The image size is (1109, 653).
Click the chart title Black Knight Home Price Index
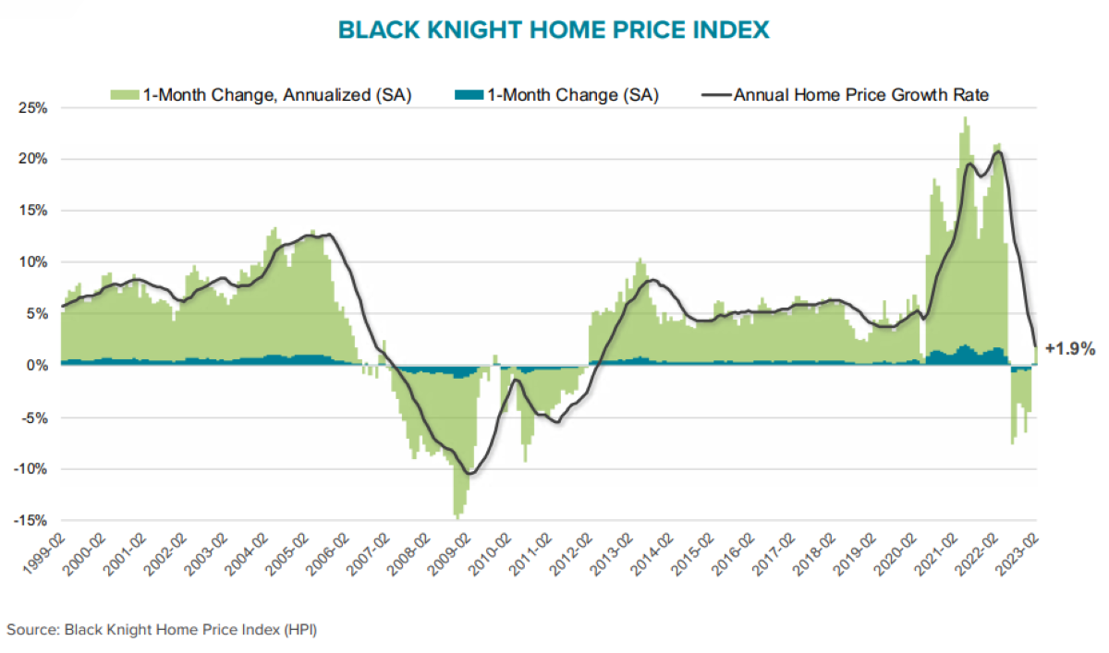(554, 30)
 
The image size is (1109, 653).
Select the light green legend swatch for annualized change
(125, 94)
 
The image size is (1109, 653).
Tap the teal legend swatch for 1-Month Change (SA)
(469, 94)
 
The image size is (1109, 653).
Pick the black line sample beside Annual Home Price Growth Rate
(716, 94)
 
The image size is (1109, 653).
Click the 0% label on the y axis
(36, 366)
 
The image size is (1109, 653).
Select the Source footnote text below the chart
(164, 630)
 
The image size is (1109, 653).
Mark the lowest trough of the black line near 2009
(470, 474)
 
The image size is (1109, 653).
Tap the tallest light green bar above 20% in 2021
(965, 118)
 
